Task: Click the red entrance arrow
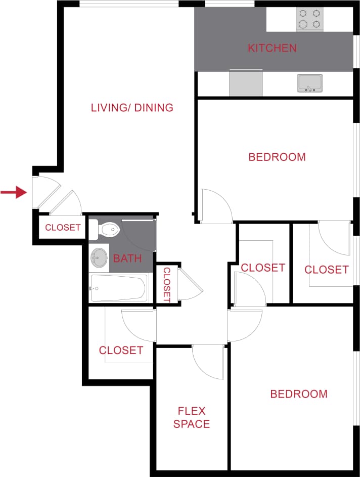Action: (14, 192)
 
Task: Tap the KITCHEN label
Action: (272, 49)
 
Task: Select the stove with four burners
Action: (309, 19)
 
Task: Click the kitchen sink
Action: (309, 83)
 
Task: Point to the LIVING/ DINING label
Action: (132, 108)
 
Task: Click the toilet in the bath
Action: (108, 230)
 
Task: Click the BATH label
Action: (127, 259)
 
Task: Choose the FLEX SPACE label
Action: (192, 417)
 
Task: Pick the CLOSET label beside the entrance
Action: (63, 228)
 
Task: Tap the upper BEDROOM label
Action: (277, 157)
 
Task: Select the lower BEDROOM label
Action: (299, 394)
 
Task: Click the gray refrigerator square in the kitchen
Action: (246, 83)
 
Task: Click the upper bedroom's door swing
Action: (215, 206)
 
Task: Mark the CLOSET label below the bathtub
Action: (121, 350)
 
